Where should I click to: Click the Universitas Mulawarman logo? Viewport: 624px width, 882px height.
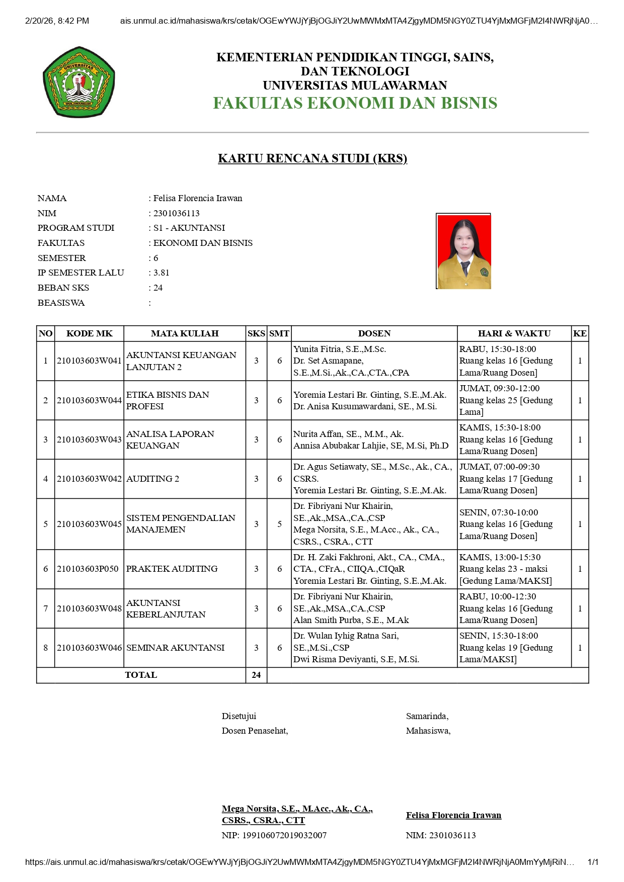79,82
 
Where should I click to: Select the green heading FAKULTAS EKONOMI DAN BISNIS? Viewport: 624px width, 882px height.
355,103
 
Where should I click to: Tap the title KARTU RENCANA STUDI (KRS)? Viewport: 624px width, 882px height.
312,158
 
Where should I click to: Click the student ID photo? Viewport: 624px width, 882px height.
463,251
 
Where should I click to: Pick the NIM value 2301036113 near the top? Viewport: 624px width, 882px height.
177,213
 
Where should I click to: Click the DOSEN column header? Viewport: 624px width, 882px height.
374,333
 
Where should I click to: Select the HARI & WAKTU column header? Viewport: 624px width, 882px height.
514,333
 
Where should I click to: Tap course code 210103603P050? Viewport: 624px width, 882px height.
88,569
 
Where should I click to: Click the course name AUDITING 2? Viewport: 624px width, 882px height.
152,479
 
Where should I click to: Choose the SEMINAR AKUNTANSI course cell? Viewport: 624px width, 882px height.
175,648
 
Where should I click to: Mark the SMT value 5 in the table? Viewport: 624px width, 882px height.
279,524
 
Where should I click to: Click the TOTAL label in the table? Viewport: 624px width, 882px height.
141,675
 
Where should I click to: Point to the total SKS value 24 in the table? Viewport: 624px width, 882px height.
256,675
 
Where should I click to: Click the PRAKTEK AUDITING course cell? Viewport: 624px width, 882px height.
172,569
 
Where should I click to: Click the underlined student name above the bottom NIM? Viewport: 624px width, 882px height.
453,815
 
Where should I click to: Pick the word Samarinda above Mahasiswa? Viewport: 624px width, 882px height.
427,716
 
